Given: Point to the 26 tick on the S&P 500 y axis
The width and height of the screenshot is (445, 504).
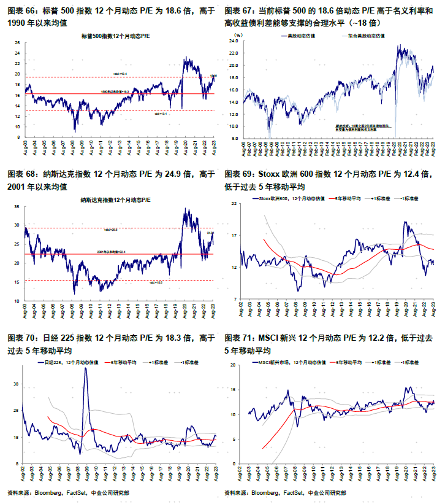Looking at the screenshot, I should pos(17,43).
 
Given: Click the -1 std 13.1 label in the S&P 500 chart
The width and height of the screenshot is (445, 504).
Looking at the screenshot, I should pos(160,113).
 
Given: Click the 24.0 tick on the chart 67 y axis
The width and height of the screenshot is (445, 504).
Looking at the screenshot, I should pos(234,41).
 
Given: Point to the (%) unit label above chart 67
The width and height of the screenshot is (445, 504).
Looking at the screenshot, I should pos(237,34).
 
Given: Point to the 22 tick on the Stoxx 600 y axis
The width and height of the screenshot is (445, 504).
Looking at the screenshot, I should pos(235,203).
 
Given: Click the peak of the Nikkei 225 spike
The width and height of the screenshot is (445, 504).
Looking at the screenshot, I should pos(85,368).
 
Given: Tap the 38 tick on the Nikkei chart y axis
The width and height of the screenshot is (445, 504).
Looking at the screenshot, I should pos(17,384).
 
